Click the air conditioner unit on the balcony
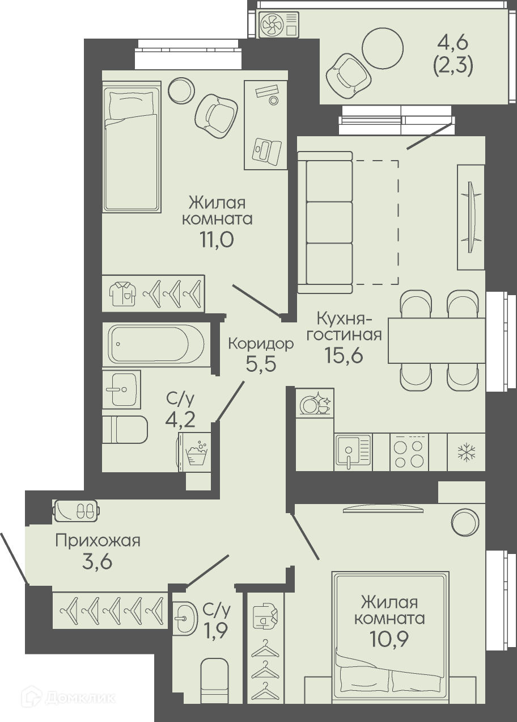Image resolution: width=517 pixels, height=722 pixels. point(279,24)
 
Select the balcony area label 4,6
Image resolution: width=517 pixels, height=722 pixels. point(452,44)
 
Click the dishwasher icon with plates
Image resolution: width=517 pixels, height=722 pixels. point(315,403)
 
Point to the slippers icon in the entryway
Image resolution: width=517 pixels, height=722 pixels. point(77,511)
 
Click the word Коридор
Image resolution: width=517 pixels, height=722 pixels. point(261,344)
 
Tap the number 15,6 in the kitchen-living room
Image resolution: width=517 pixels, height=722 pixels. point(344,355)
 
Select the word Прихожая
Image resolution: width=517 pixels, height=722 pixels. point(98,540)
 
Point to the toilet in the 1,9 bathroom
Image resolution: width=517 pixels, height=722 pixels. point(215,688)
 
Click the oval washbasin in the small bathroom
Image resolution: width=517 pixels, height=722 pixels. point(185,618)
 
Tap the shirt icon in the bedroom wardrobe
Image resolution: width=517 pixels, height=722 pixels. point(122,293)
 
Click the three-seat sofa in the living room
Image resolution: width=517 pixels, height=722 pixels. point(325,223)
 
